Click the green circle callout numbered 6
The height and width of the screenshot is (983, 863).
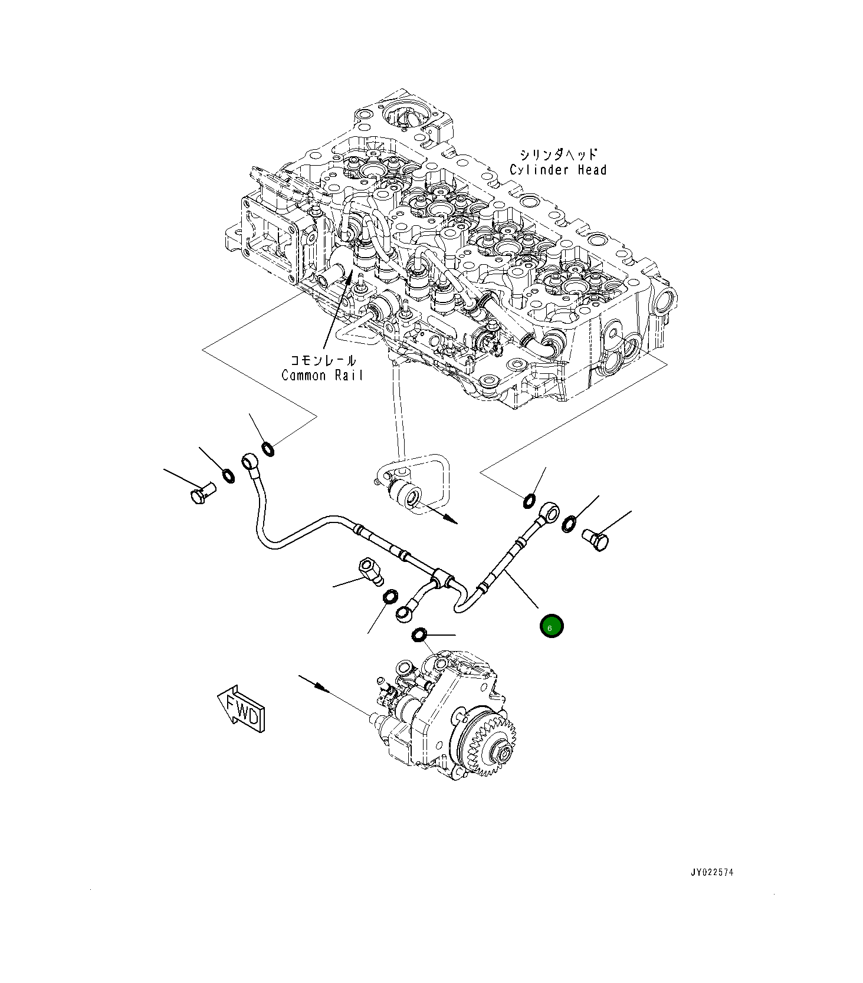coord(552,626)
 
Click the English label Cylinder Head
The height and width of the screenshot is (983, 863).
coord(557,170)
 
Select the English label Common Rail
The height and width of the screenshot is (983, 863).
coord(322,375)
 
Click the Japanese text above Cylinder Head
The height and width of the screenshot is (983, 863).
coord(557,154)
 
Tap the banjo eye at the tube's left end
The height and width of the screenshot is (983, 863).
coord(250,459)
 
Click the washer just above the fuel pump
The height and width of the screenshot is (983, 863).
coord(419,635)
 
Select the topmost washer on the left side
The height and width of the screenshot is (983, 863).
coord(267,449)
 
